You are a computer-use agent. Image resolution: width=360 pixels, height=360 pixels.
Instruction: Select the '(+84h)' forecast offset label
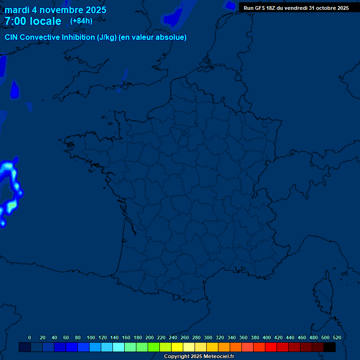81,21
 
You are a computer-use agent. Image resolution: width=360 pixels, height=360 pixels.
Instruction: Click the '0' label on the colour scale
30,337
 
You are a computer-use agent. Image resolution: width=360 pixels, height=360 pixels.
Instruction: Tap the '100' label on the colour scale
91,337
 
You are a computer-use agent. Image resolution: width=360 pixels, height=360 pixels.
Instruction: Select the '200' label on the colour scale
150,337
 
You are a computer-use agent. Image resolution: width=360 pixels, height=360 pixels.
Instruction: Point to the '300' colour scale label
208,337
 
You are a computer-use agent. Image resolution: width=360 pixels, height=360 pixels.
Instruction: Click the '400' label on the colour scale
267,337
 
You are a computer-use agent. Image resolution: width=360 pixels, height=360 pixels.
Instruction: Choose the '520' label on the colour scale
337,337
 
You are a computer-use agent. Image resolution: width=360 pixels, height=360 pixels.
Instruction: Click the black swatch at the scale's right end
330,347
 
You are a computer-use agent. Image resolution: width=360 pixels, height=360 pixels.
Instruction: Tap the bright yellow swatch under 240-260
177,347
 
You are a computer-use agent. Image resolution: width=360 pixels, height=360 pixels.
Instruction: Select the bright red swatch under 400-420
271,347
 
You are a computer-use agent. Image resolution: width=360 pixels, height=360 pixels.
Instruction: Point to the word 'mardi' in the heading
17,10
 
